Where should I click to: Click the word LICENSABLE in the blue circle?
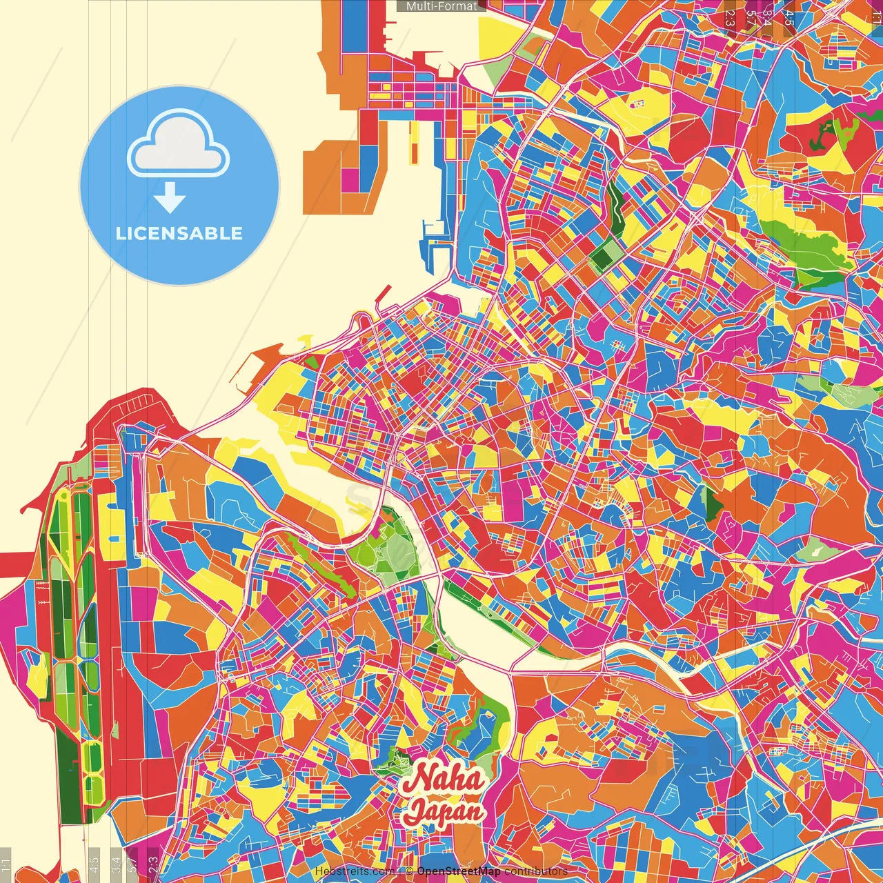(179, 233)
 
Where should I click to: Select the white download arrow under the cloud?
(169, 199)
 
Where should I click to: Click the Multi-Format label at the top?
(441, 6)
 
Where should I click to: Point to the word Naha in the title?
(443, 779)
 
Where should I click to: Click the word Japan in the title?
(443, 811)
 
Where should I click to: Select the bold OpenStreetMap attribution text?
(458, 871)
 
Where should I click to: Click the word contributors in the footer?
(535, 871)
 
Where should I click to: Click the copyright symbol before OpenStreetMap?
(409, 871)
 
